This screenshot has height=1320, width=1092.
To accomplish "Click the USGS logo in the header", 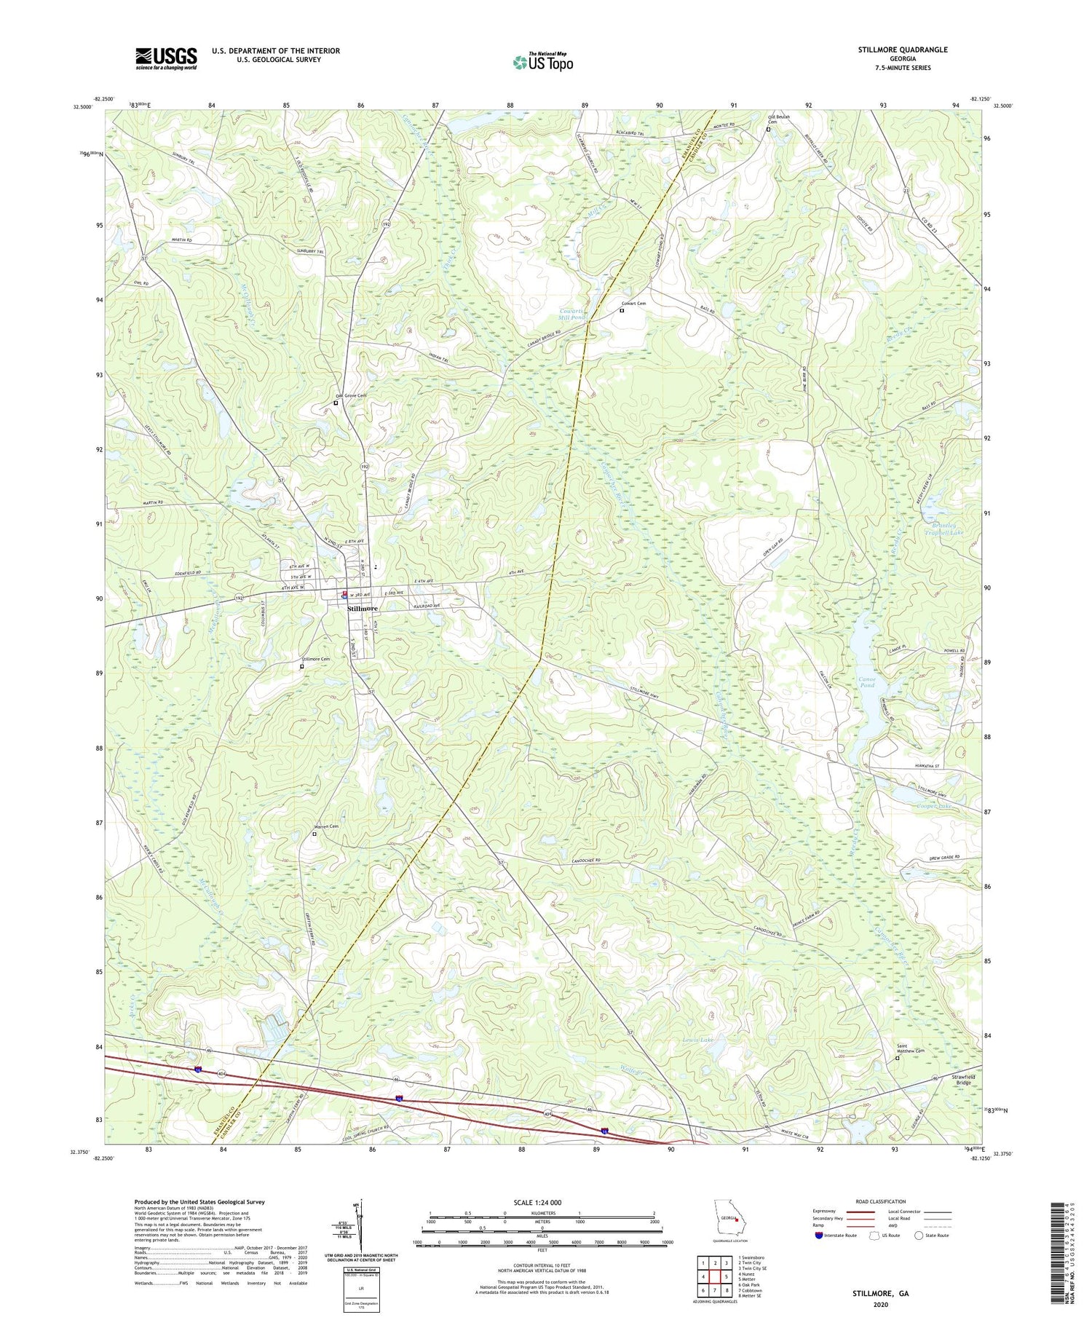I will click(x=166, y=58).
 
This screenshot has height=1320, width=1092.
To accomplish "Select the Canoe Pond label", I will click(x=867, y=682).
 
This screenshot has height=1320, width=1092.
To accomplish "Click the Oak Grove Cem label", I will click(x=351, y=395).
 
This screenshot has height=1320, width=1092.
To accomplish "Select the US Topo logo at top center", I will click(x=543, y=62).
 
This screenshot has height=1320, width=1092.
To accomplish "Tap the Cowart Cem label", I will click(x=633, y=304).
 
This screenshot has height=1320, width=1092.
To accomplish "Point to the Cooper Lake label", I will click(x=935, y=806).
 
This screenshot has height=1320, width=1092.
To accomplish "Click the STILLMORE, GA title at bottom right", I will click(x=881, y=1294).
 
